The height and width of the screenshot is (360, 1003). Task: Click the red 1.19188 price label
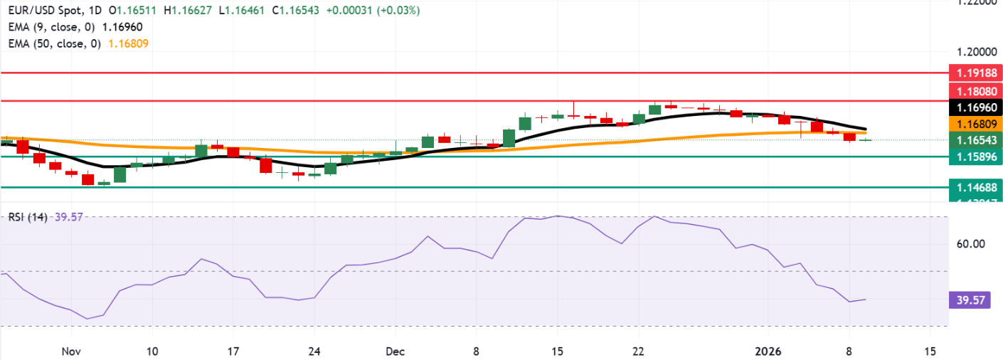pos(976,73)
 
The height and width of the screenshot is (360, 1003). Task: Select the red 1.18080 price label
pos(976,91)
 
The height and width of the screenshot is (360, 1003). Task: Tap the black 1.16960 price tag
pos(976,107)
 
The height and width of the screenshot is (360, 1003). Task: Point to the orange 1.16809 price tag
pos(976,124)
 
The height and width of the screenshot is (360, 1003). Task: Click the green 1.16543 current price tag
pos(976,140)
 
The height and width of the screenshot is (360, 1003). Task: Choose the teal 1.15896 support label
pos(976,157)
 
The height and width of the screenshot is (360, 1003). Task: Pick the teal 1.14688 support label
pos(976,187)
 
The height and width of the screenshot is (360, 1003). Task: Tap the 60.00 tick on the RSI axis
pos(970,244)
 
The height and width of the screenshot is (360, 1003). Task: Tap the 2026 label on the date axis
pos(768,351)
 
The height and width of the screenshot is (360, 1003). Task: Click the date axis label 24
pos(315,351)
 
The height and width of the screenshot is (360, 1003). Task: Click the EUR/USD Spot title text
pos(42,11)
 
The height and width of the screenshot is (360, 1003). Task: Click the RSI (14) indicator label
pos(27,217)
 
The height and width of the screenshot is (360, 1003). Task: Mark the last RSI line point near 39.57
pos(866,300)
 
